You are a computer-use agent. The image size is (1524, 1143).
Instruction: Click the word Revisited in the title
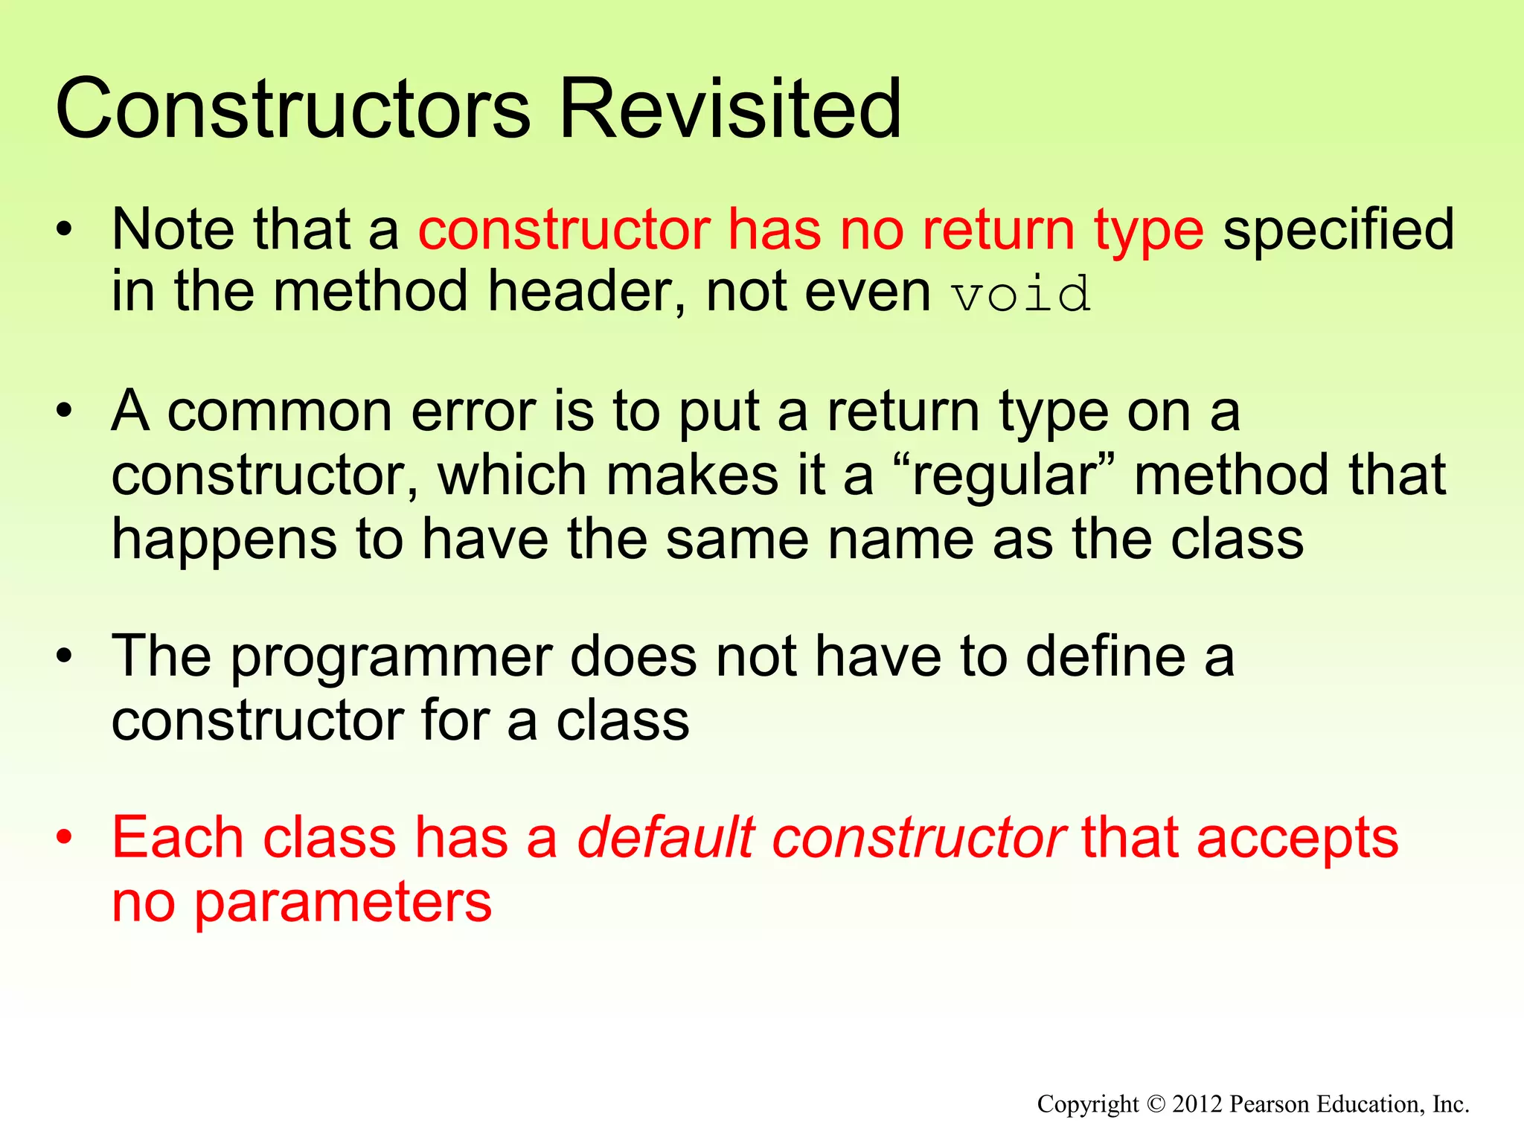pos(729,109)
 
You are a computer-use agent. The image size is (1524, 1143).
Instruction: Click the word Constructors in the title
pos(292,109)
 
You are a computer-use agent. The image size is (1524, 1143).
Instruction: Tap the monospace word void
pos(1022,294)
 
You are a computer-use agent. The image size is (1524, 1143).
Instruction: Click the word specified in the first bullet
pos(1339,229)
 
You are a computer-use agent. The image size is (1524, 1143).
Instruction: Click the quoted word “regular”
pos(1003,476)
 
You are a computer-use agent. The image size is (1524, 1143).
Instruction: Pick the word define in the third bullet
pos(1105,656)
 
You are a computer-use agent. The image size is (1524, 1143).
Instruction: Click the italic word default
pos(666,838)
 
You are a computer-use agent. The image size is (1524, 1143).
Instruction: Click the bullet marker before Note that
pos(65,228)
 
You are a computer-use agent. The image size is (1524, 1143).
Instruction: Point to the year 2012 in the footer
pos(1197,1104)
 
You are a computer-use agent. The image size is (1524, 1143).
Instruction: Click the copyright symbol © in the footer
pos(1155,1104)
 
